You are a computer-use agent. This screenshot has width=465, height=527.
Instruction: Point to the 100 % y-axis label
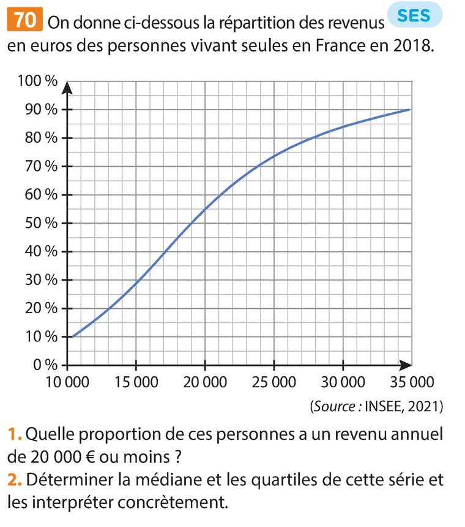(37, 82)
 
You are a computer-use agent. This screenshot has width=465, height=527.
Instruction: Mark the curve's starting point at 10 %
(73, 336)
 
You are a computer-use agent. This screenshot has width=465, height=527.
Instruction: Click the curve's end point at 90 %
(409, 110)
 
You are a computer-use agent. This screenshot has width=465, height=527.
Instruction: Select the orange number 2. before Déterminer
(15, 480)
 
